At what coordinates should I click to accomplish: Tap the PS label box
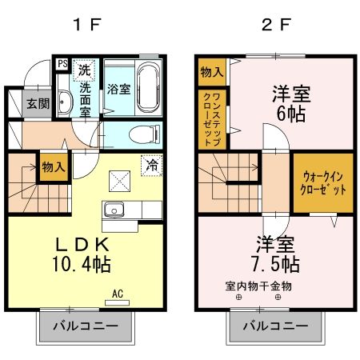pos(61,64)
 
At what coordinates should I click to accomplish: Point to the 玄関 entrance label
pos(37,103)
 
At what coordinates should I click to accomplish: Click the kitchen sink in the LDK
pos(113,211)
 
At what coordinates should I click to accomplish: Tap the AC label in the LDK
pos(117,293)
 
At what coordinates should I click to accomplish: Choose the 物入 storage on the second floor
pos(212,72)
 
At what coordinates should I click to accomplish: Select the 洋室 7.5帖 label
pos(275,254)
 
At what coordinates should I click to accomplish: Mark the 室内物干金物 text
pos(258,286)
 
